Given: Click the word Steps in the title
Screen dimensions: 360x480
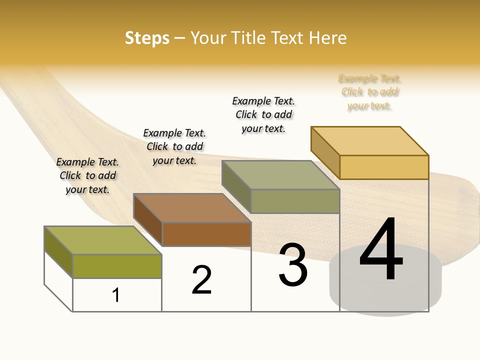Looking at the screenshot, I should pyautogui.click(x=147, y=38).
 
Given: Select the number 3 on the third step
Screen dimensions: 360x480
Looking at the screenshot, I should pyautogui.click(x=293, y=265).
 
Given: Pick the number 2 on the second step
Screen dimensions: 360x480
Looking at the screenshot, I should pyautogui.click(x=202, y=280).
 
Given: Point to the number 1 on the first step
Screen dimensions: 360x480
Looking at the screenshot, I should pyautogui.click(x=116, y=295).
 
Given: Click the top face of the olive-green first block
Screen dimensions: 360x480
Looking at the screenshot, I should pyautogui.click(x=103, y=240).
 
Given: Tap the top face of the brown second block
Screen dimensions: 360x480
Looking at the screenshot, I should pyautogui.click(x=192, y=207).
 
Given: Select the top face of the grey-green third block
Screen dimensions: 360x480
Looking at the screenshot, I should pyautogui.click(x=281, y=175).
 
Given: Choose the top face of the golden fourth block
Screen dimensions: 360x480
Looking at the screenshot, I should pyautogui.click(x=370, y=140).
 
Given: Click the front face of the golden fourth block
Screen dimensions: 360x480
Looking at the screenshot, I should pyautogui.click(x=384, y=167).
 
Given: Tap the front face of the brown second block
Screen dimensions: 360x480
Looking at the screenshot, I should pyautogui.click(x=206, y=234).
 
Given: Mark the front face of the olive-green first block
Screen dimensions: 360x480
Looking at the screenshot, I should pyautogui.click(x=117, y=266).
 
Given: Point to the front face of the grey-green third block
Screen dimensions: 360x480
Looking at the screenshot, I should pyautogui.click(x=295, y=201).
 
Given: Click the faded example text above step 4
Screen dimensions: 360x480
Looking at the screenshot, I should pyautogui.click(x=369, y=92).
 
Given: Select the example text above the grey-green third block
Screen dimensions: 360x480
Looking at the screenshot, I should pyautogui.click(x=263, y=114).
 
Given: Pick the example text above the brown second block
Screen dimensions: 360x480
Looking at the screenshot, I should pyautogui.click(x=174, y=146).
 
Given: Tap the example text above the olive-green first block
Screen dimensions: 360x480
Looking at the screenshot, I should pyautogui.click(x=87, y=175).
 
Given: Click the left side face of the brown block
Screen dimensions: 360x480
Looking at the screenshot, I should pyautogui.click(x=148, y=220).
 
